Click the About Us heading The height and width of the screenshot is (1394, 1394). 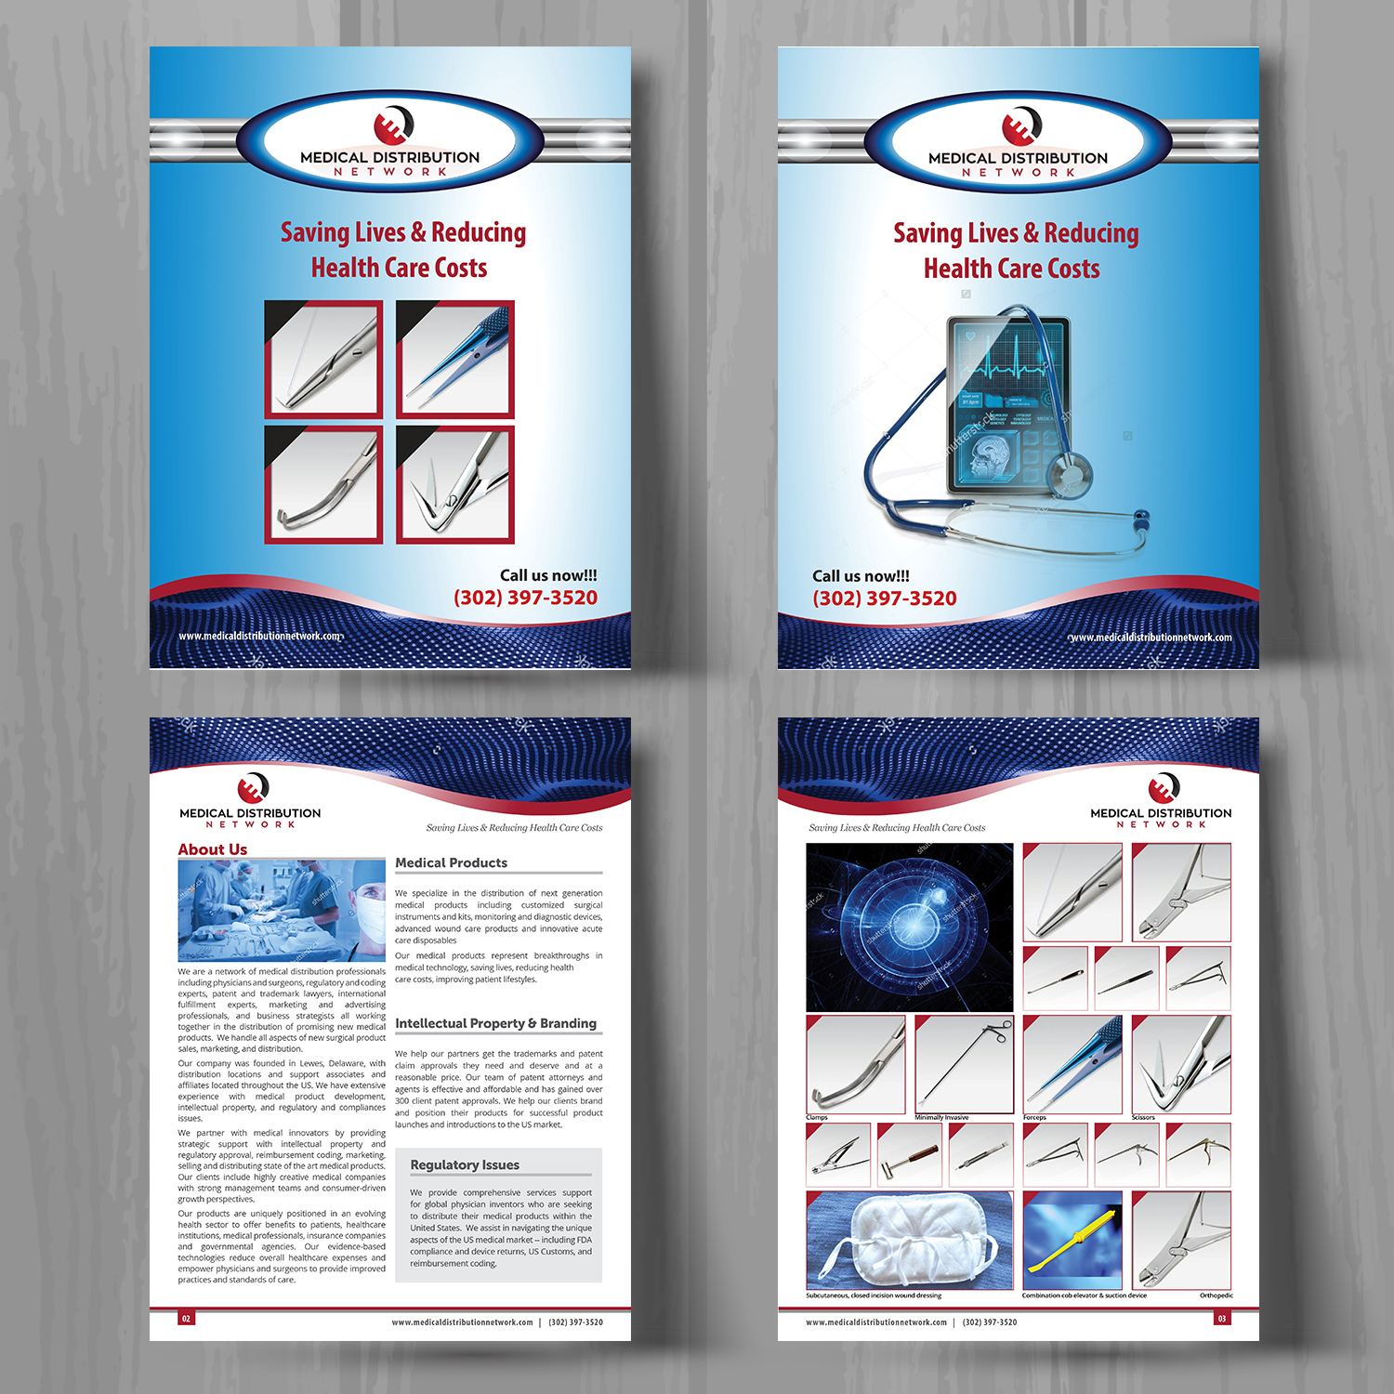point(213,849)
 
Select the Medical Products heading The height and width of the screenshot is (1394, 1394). point(452,863)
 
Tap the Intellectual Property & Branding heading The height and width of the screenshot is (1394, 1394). point(495,1023)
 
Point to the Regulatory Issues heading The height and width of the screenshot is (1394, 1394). point(465,1165)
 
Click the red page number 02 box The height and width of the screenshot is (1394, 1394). point(187,1318)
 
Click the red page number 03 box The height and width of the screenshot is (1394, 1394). point(1222,1318)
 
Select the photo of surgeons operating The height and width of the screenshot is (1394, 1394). point(282,910)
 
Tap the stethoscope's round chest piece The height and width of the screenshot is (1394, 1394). point(1069,476)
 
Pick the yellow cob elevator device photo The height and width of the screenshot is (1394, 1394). point(1072,1241)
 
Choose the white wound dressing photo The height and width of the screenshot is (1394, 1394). point(909,1240)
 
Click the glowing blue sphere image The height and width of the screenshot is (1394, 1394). point(909,927)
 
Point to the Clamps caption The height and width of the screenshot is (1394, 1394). point(817,1118)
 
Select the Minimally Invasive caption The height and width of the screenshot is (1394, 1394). point(941,1118)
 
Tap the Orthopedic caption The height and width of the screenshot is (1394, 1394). point(1216,1295)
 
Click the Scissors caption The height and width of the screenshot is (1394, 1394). point(1143,1118)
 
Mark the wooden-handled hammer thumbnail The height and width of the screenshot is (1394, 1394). point(910,1155)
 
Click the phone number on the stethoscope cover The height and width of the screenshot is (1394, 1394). point(885,598)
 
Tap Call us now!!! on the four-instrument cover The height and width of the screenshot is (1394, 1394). point(548,576)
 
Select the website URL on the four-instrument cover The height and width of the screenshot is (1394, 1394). point(260,636)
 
